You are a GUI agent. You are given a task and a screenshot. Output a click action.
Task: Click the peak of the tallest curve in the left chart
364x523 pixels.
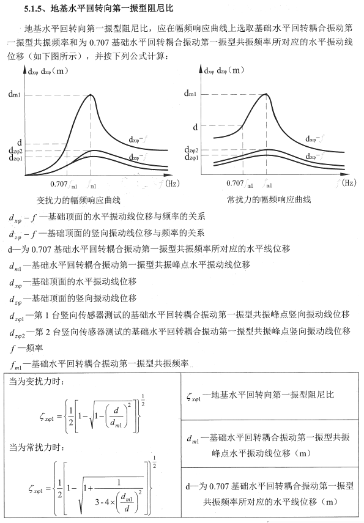click(91, 95)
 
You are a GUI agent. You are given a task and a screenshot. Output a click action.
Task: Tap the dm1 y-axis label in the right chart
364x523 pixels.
click(190, 94)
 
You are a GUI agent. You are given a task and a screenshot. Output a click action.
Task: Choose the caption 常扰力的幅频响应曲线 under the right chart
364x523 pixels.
click(269, 200)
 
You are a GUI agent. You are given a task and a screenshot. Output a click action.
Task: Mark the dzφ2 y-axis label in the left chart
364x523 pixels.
click(15, 150)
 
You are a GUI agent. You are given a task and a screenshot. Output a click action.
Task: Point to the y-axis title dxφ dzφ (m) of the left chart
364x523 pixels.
click(43, 72)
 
